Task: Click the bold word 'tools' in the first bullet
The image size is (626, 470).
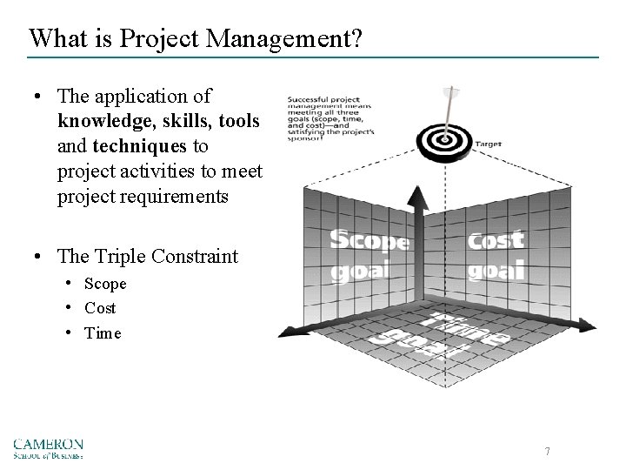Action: click(x=239, y=121)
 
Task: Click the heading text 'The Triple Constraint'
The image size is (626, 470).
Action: click(x=147, y=256)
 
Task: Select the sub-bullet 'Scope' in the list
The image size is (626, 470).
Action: click(x=105, y=284)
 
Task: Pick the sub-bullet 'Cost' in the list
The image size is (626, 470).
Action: click(x=100, y=308)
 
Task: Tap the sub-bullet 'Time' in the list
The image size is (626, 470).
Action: click(x=103, y=333)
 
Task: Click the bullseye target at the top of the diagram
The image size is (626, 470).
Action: click(x=445, y=138)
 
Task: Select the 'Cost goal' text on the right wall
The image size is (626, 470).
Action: click(x=496, y=254)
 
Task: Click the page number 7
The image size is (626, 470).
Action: click(x=547, y=451)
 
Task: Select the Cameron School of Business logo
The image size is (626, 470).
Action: click(x=48, y=447)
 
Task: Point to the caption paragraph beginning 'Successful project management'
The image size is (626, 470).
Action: click(x=333, y=117)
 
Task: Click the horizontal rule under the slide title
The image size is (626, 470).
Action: click(x=313, y=57)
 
